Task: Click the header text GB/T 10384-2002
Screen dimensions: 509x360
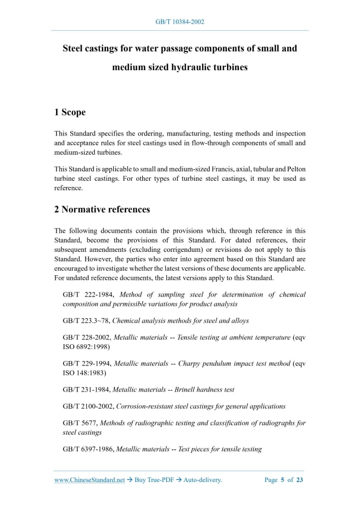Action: tap(180, 22)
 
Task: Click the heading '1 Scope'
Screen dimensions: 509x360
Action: tap(70, 112)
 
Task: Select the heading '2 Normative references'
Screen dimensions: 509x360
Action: tap(102, 209)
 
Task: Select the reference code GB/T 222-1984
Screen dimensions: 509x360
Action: tap(89, 295)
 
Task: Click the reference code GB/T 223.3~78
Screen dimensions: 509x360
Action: tap(86, 320)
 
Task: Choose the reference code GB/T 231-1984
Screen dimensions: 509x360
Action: tap(86, 390)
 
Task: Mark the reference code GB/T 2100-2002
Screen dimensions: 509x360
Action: tap(88, 406)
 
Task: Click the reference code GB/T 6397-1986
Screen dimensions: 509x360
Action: tap(88, 449)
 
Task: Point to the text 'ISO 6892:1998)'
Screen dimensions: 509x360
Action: tap(86, 346)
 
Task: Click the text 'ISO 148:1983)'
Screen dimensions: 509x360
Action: tap(84, 372)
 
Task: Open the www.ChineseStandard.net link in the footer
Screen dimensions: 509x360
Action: tap(89, 480)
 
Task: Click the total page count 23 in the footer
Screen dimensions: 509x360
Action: tap(300, 480)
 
